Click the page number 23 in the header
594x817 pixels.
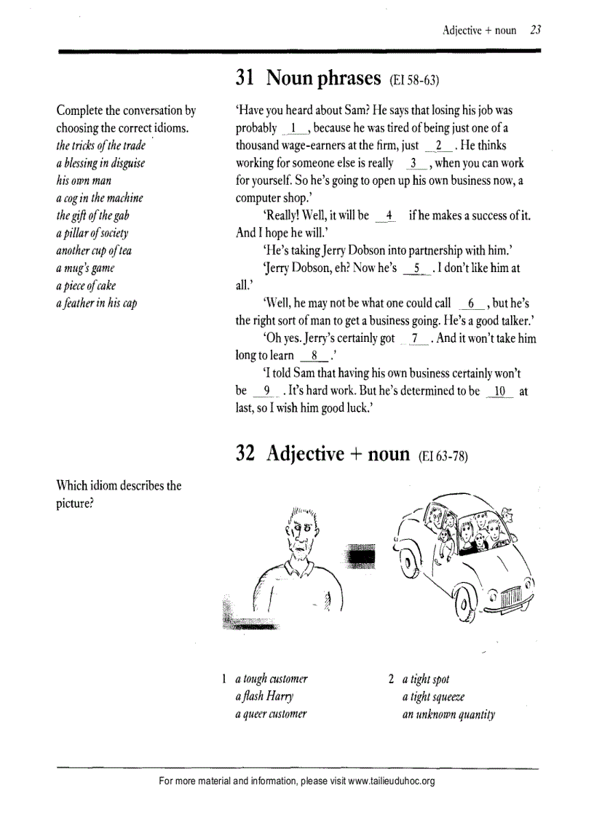tap(535, 30)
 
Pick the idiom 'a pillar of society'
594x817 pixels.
tap(92, 233)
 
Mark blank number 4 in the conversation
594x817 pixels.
tap(389, 216)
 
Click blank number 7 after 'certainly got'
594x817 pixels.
tap(415, 339)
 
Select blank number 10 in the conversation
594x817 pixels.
tap(499, 391)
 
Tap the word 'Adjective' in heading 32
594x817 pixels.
tap(305, 454)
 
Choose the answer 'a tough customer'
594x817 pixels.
tap(272, 679)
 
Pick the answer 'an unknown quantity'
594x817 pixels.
tap(448, 714)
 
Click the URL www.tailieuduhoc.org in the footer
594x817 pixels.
tap(392, 781)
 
